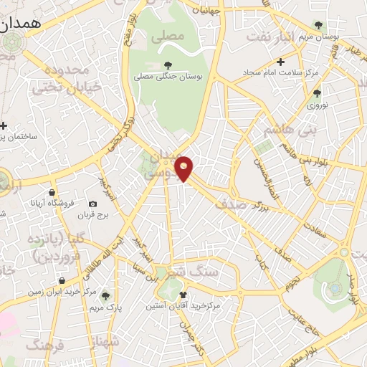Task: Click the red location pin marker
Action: coord(184,168)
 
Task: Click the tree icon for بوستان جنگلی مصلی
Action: coord(168,67)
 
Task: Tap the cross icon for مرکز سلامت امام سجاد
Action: coord(280,62)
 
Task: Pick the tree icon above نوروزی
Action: coord(317,92)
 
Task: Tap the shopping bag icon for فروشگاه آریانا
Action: coord(53,193)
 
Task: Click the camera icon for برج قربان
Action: coord(92,204)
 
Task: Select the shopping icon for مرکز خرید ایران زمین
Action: coord(63,280)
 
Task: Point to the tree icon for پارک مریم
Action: coord(105,295)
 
